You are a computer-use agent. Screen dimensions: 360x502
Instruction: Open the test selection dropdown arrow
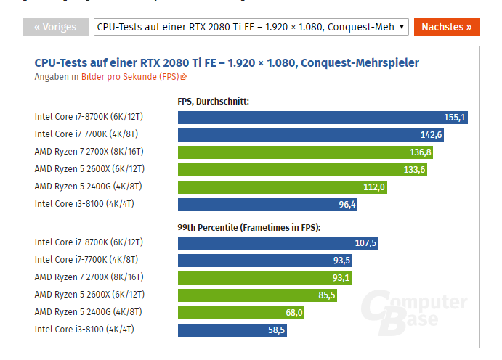point(402,27)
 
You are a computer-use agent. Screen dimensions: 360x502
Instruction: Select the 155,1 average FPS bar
point(323,116)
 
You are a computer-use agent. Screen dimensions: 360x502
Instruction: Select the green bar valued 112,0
point(283,187)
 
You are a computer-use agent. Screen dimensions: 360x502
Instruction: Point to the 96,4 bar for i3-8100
point(267,205)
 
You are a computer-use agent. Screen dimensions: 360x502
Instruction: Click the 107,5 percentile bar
point(278,242)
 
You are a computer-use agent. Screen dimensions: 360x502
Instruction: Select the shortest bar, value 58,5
point(232,330)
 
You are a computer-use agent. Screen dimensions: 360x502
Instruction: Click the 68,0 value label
point(293,313)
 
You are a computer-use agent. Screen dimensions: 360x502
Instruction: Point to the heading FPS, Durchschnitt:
point(213,101)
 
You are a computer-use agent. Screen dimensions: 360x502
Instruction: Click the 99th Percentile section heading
point(248,227)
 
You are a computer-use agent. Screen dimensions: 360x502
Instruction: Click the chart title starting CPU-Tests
point(226,62)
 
